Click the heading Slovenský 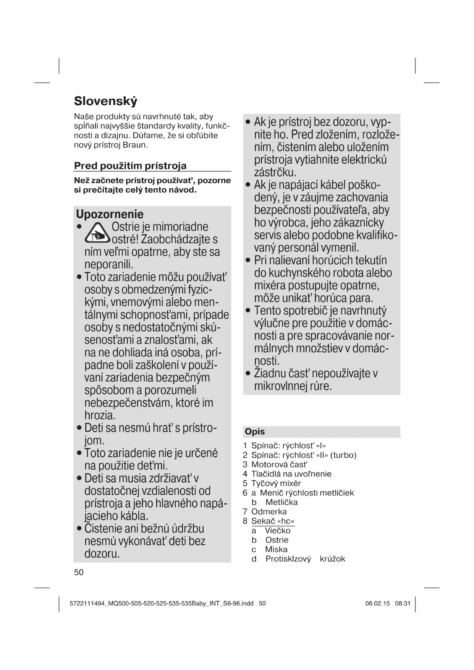105,101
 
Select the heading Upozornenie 110,214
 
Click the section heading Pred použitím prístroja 130,166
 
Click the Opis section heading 255,432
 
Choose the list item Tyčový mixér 276,483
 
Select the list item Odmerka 269,511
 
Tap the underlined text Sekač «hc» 273,521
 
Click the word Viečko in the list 278,531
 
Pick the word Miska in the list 276,549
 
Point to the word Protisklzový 288,559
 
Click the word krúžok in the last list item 332,559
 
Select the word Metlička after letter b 281,502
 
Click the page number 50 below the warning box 79,572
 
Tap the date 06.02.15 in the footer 377,604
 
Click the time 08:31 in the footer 403,604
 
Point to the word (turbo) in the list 343,455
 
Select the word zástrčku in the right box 275,172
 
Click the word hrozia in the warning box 99,415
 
